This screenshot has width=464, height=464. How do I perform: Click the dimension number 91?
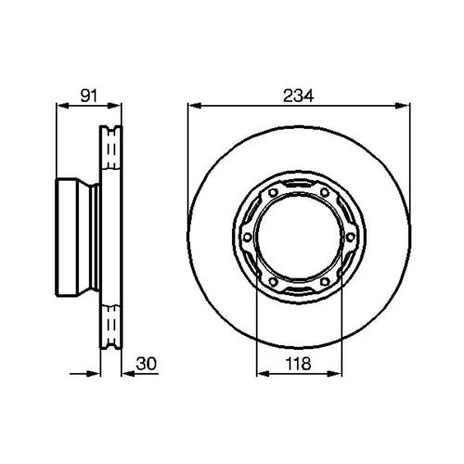click(89, 96)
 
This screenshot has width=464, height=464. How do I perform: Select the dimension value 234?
click(299, 96)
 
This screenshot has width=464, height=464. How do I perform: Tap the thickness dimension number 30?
click(147, 364)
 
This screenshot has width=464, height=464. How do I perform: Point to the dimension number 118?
click(298, 364)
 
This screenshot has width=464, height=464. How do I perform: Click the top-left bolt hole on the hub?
click(273, 193)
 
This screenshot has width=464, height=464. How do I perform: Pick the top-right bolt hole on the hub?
click(325, 193)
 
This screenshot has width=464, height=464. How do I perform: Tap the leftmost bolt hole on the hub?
click(247, 238)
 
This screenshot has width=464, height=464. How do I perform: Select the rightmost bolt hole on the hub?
click(350, 238)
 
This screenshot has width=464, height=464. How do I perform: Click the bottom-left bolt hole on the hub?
click(273, 282)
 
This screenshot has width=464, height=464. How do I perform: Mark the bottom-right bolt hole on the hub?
click(325, 282)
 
